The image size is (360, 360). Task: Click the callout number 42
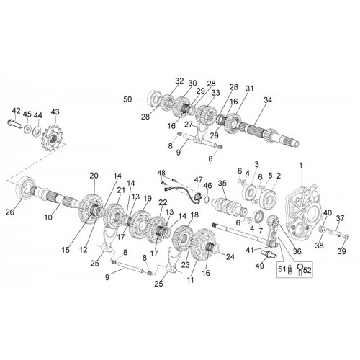click(17, 111)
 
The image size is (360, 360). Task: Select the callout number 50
click(127, 99)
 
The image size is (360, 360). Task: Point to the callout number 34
click(268, 100)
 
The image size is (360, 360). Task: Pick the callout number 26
click(10, 212)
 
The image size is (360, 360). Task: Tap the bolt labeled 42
click(14, 124)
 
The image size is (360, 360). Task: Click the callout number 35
click(222, 183)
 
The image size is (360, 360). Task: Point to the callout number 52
click(307, 270)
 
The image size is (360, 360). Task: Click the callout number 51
click(282, 269)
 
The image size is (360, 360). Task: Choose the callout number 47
click(199, 179)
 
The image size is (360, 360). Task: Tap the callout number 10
click(48, 217)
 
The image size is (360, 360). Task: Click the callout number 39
click(342, 251)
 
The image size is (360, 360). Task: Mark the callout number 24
click(230, 257)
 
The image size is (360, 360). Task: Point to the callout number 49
click(260, 266)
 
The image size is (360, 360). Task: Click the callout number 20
click(94, 176)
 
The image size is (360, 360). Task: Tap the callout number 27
click(189, 125)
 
